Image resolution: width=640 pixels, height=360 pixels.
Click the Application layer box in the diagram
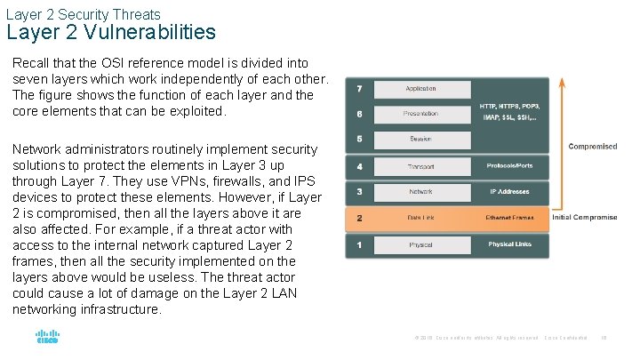[420, 89]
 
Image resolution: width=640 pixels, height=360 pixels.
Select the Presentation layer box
[420, 114]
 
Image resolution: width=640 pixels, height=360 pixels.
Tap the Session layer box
[420, 140]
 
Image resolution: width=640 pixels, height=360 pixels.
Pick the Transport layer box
[420, 166]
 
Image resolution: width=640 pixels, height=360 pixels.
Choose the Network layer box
[420, 192]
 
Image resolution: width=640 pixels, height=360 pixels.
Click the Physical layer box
[420, 244]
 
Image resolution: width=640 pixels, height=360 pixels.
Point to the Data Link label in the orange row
[420, 218]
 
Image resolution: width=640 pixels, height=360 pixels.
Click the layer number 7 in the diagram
[358, 89]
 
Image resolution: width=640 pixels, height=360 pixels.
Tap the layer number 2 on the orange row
[358, 218]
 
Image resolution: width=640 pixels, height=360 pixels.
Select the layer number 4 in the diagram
[358, 166]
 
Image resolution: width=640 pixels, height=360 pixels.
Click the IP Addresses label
[508, 192]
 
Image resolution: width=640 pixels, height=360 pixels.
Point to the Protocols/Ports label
[508, 166]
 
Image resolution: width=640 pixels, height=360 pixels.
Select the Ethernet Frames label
[508, 218]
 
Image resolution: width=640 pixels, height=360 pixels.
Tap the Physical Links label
[508, 244]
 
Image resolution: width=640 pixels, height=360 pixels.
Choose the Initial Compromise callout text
[584, 218]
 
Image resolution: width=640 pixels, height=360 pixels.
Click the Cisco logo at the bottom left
[46, 338]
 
